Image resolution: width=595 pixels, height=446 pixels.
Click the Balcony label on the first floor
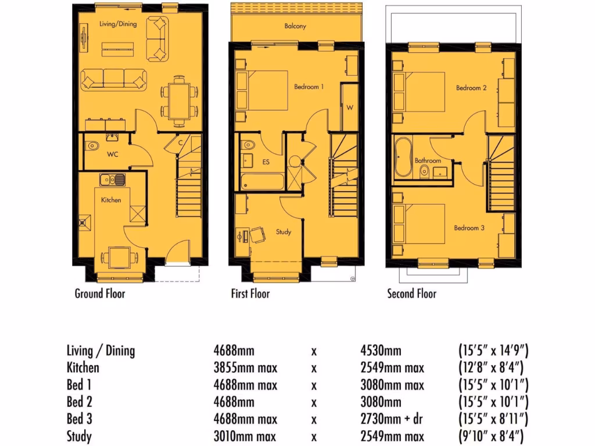click(x=295, y=26)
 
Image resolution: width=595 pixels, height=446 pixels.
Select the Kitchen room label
click(x=111, y=200)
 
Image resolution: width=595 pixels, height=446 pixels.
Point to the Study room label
click(x=283, y=232)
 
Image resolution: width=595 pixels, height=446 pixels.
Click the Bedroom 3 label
click(x=469, y=228)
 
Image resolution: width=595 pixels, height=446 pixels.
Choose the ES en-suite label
click(x=267, y=162)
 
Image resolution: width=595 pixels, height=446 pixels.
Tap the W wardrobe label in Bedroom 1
click(x=350, y=107)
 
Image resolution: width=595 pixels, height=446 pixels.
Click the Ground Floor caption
click(x=100, y=293)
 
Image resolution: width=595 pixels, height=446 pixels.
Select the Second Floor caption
click(x=411, y=293)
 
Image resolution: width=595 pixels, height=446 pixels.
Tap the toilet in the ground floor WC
click(x=91, y=146)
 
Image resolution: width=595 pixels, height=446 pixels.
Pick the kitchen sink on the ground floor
click(x=112, y=179)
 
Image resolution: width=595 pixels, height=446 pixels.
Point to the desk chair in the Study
click(x=256, y=235)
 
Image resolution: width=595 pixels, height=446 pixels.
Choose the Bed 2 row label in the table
click(x=80, y=402)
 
